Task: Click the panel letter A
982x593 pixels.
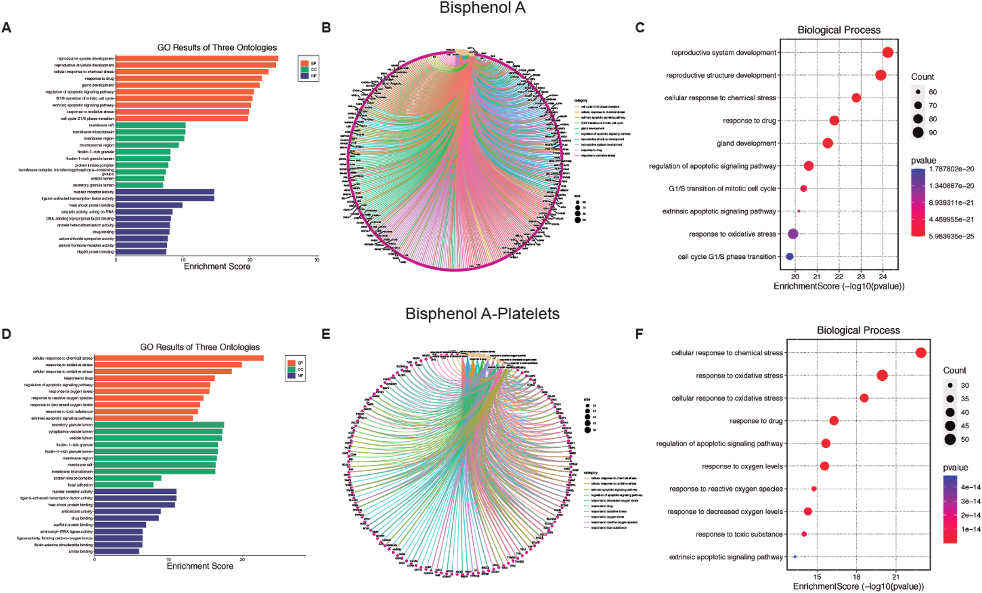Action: (x=7, y=28)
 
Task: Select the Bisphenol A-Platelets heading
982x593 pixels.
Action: (x=482, y=314)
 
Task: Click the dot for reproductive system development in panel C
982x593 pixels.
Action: (x=887, y=53)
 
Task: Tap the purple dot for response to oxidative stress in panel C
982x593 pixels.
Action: (x=793, y=234)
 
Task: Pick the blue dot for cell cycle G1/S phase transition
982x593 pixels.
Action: (x=790, y=257)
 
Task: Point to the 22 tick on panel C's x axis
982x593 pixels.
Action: (x=839, y=276)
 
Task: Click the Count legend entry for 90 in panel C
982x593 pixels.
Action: (x=918, y=132)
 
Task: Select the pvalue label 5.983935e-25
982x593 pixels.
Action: (x=952, y=236)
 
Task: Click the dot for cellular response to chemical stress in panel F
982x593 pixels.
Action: (x=921, y=352)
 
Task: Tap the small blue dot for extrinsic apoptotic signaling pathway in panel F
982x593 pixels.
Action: (x=795, y=557)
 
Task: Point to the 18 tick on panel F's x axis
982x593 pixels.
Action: (x=857, y=576)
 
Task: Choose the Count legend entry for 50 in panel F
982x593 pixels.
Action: (x=950, y=439)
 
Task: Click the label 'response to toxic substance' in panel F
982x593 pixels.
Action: (x=739, y=534)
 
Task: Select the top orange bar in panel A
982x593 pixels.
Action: (x=197, y=59)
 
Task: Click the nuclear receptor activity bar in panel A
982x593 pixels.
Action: (x=165, y=192)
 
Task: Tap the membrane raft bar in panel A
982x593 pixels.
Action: (x=151, y=125)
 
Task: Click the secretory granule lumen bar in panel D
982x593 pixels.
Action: (x=159, y=425)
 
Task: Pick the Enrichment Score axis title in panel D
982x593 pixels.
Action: (x=200, y=566)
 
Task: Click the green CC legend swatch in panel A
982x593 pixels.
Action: (x=304, y=70)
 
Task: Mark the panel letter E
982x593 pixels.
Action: (x=326, y=334)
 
